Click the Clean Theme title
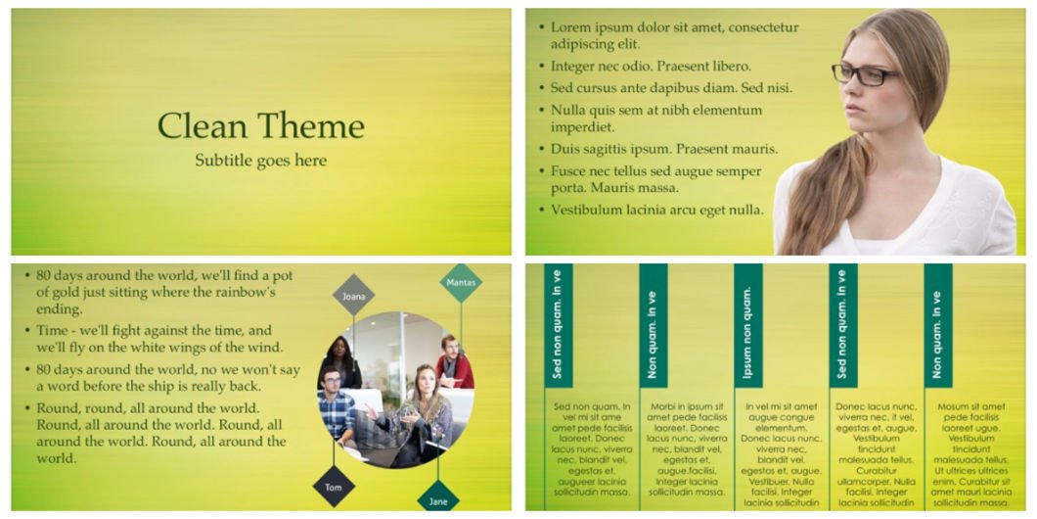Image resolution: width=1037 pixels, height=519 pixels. coord(260,125)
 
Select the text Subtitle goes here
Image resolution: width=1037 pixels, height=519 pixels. coord(260,161)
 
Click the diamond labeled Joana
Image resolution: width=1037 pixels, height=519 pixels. coord(353,296)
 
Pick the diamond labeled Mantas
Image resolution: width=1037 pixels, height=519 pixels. coord(461,283)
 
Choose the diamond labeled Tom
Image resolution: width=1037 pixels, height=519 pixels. coord(334,487)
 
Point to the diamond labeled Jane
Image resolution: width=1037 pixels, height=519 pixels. coord(438,499)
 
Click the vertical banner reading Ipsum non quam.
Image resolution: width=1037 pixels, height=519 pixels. coord(748,326)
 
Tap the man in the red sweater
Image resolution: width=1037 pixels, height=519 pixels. coord(453,362)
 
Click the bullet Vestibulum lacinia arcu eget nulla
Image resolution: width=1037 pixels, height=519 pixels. coord(652,211)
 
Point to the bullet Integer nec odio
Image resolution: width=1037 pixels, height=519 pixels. coord(645,67)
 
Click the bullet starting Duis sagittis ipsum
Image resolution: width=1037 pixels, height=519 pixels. coord(658,149)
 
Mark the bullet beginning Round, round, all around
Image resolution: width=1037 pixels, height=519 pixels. coord(156,433)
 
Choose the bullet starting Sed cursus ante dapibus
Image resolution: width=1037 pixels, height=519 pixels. coord(665,88)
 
